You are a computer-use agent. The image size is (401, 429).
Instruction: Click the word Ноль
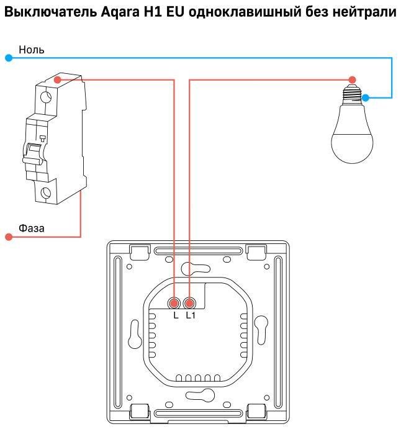[x=32, y=49]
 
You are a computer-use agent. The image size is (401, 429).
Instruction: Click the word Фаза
[x=32, y=228]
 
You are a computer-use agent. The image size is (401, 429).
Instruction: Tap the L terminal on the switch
[x=175, y=303]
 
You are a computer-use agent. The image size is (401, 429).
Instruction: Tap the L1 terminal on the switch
[x=190, y=303]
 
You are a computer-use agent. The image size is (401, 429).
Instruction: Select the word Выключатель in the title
[x=48, y=12]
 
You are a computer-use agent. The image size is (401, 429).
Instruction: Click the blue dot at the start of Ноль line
[x=8, y=58]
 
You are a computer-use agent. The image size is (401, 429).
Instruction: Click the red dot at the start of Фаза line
[x=8, y=237]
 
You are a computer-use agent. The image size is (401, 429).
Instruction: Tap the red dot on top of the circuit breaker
[x=57, y=79]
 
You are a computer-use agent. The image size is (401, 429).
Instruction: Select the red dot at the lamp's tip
[x=352, y=79]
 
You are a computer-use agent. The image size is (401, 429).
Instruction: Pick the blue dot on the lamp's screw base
[x=366, y=97]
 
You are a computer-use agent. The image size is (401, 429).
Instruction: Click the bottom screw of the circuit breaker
[x=46, y=193]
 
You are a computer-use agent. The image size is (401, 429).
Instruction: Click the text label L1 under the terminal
[x=191, y=316]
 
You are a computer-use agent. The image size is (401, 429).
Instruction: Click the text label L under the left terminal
[x=176, y=316]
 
